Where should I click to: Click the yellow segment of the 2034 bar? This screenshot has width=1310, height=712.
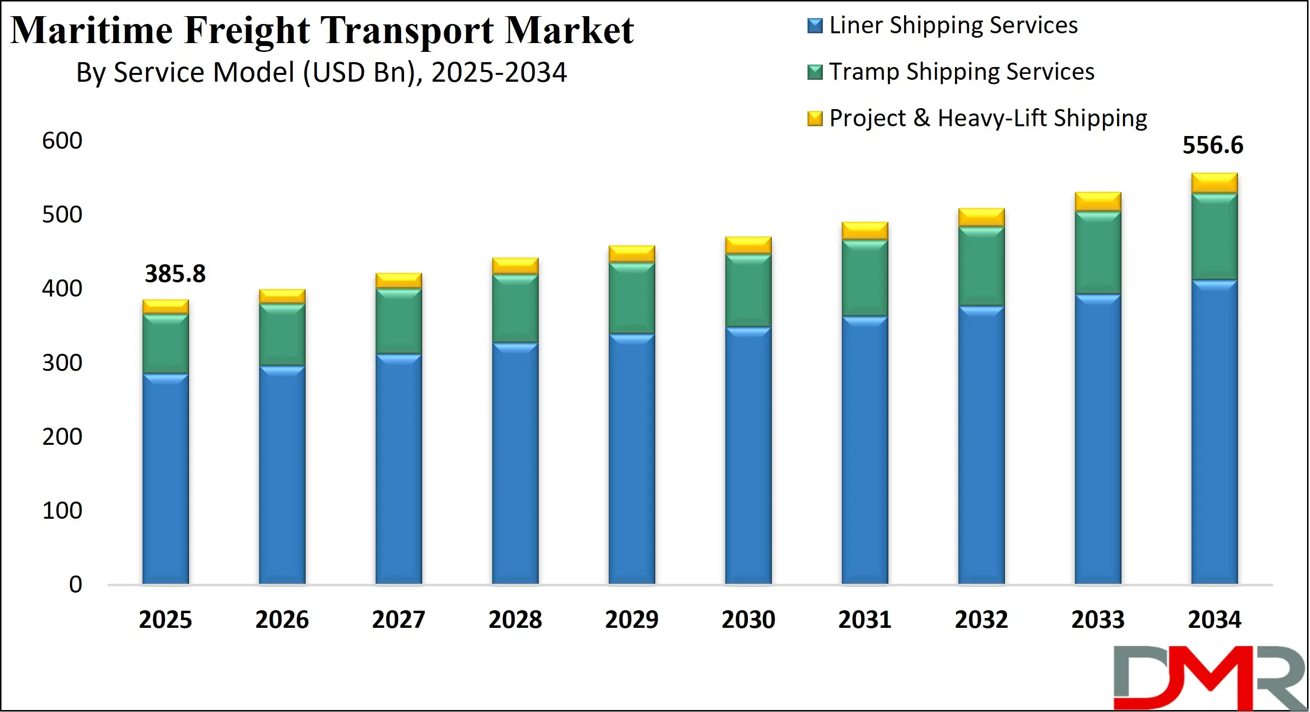(x=1215, y=183)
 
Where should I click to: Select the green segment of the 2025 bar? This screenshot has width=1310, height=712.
(x=165, y=344)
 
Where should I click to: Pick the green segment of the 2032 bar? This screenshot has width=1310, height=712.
(x=981, y=266)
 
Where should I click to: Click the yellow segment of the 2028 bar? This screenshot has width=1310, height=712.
(x=515, y=266)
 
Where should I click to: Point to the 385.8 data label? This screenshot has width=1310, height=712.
(x=175, y=274)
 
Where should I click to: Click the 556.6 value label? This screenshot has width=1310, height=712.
(x=1213, y=145)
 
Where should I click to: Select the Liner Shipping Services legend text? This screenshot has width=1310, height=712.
(x=953, y=25)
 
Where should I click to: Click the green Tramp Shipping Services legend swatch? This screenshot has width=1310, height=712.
(x=815, y=72)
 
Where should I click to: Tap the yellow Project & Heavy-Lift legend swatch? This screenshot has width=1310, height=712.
(x=815, y=118)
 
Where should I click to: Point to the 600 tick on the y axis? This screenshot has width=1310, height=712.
(x=62, y=141)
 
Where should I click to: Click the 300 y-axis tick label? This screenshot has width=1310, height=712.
(x=62, y=363)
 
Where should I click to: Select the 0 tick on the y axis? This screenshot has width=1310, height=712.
(x=75, y=584)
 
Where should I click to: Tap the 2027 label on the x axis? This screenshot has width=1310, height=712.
(x=398, y=620)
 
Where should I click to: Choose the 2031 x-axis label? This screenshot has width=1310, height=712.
(x=864, y=620)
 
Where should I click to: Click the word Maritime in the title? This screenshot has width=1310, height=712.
(x=92, y=30)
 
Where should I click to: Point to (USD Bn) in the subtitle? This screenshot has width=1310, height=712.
(x=362, y=72)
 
